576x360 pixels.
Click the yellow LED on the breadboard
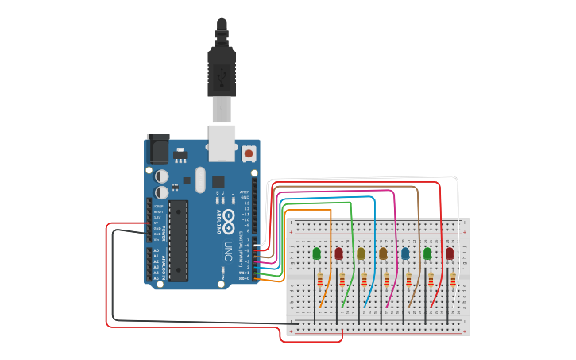[361, 254]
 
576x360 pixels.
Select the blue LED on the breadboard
[405, 254]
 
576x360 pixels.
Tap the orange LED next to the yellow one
[383, 254]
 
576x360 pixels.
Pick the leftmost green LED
[317, 254]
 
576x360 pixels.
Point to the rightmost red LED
[450, 254]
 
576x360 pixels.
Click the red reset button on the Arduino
[249, 153]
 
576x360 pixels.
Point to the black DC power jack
[158, 149]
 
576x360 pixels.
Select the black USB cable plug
[222, 72]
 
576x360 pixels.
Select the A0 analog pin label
[156, 251]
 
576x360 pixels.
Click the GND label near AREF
[245, 197]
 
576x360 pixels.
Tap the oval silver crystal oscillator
[199, 179]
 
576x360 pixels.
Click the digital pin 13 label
[246, 203]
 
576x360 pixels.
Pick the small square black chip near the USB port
[218, 181]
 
